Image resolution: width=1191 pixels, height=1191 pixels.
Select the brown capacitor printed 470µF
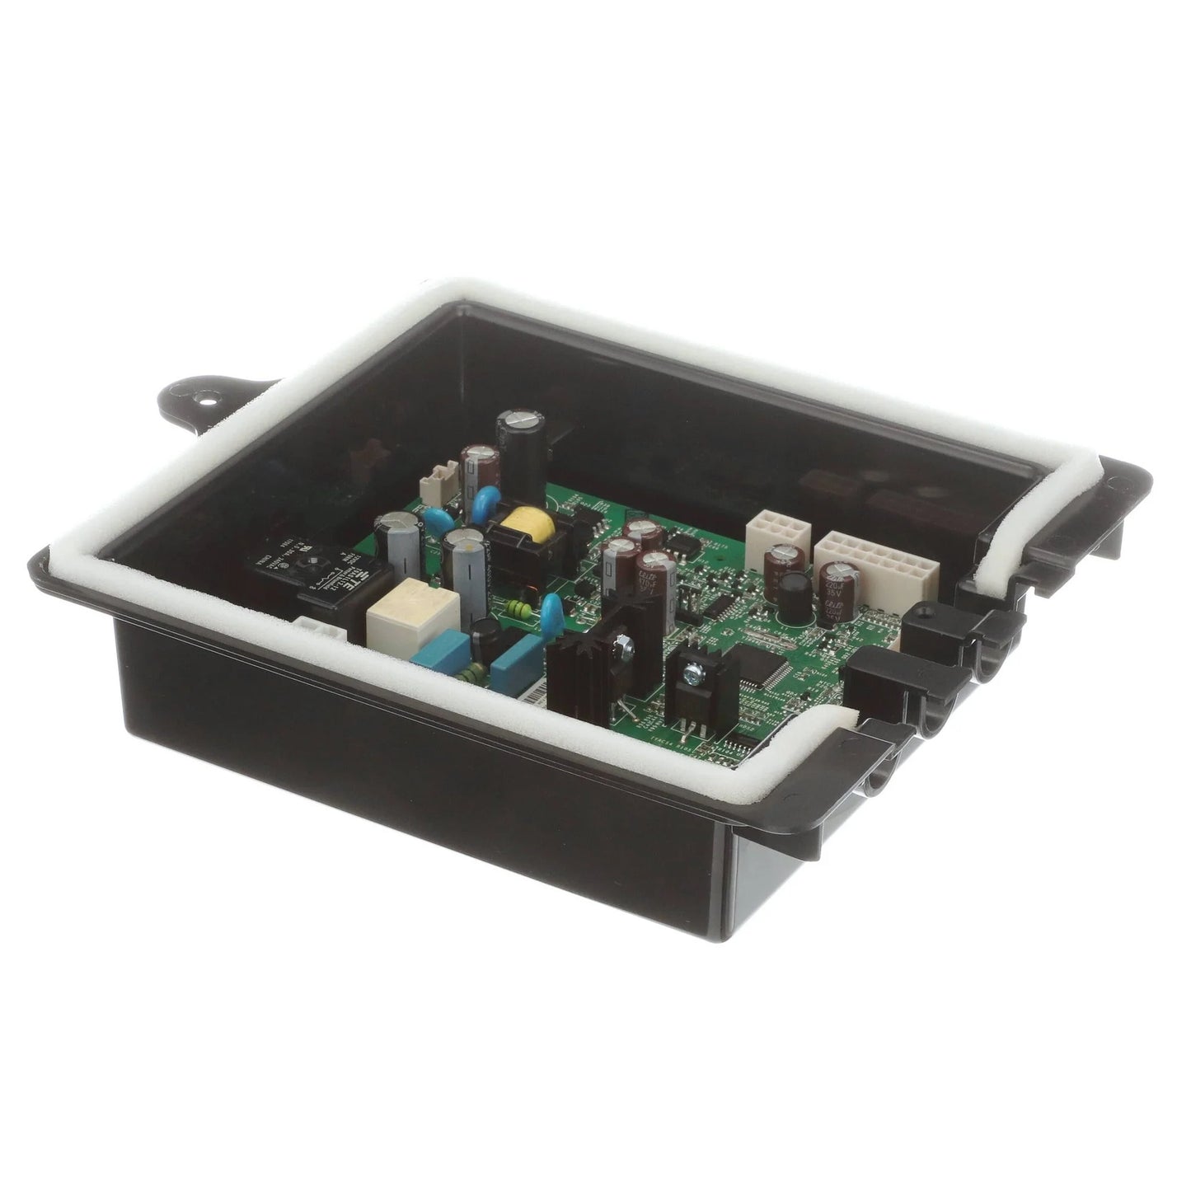[654, 577]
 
